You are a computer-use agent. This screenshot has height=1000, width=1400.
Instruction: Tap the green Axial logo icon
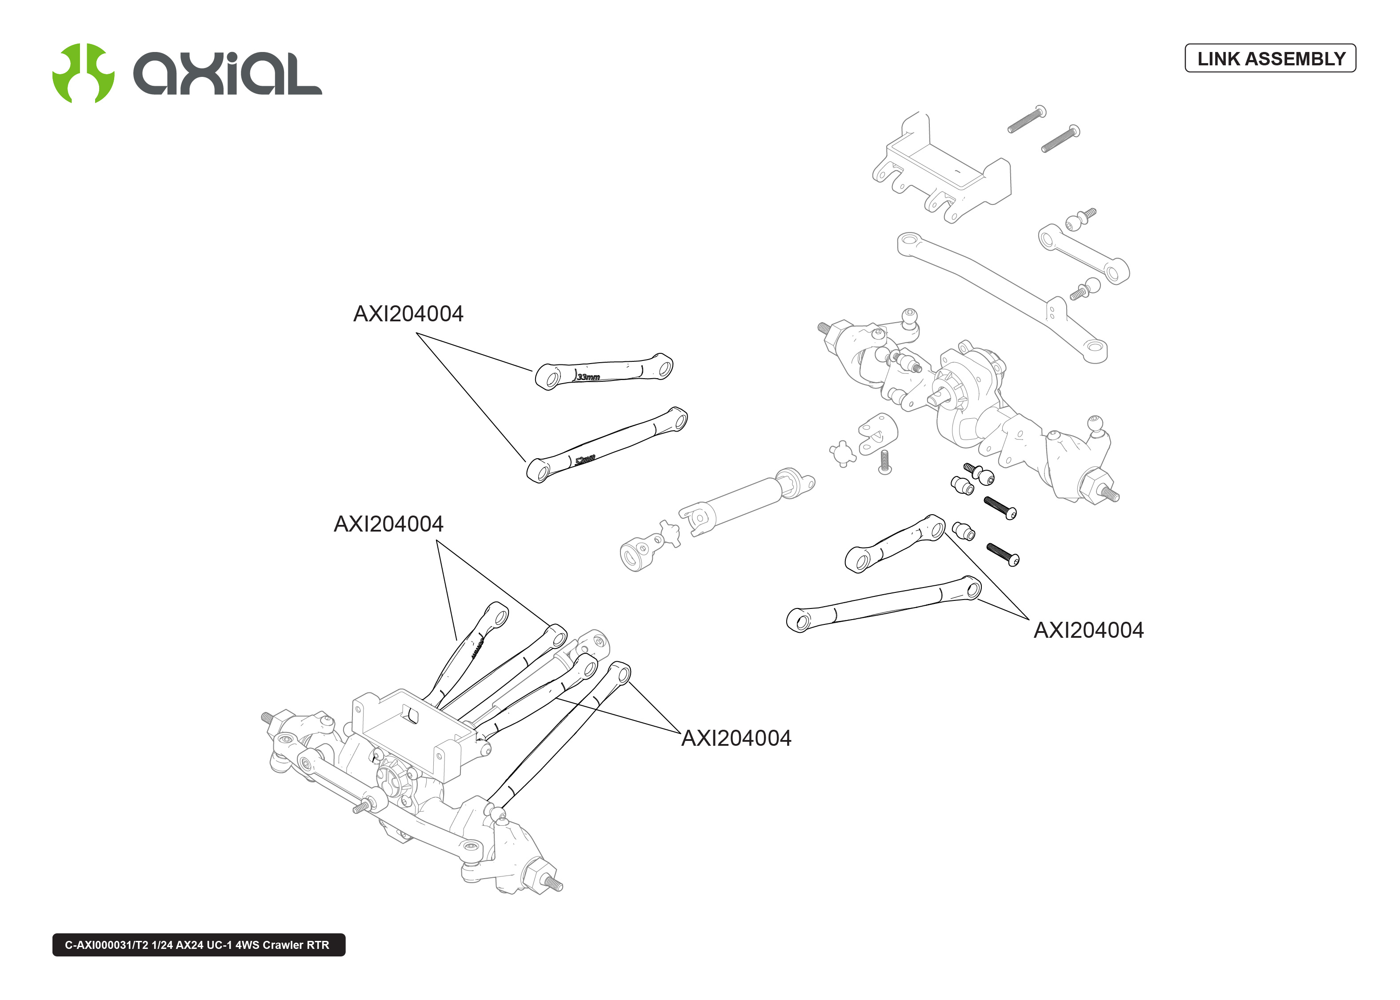[83, 73]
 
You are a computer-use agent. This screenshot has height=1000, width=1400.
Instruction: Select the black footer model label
[198, 944]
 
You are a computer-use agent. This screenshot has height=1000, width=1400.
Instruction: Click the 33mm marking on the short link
[588, 377]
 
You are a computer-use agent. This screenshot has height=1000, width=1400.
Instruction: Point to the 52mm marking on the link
[585, 460]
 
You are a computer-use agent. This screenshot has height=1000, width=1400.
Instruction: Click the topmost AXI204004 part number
[408, 314]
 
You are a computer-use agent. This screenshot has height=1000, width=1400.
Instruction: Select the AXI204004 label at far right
[1088, 631]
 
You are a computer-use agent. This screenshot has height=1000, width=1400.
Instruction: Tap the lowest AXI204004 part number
[736, 738]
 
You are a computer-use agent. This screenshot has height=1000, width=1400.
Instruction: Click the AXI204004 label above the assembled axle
[388, 524]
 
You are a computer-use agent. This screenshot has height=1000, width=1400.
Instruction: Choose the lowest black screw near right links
[1003, 554]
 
